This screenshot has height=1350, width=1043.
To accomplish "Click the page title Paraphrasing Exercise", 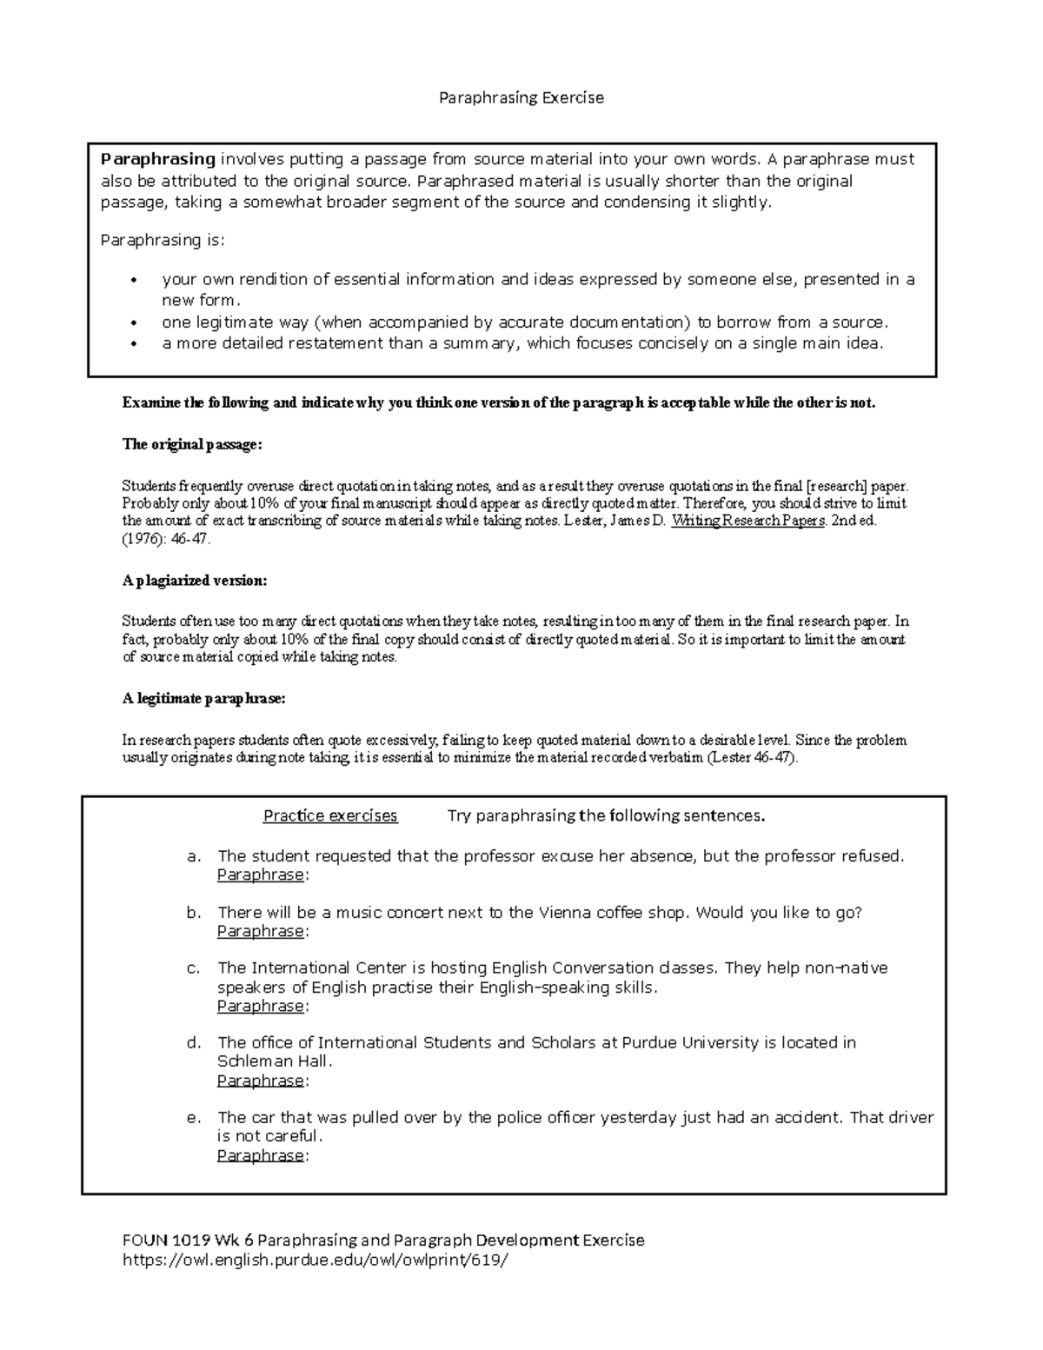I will pyautogui.click(x=521, y=97).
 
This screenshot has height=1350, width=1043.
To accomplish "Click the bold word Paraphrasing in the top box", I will pyautogui.click(x=157, y=159).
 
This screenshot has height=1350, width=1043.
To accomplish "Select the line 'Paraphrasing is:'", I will pyautogui.click(x=163, y=240).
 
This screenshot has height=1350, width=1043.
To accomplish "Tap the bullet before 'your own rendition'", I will pyautogui.click(x=133, y=280).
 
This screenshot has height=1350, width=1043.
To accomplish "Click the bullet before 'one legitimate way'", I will pyautogui.click(x=133, y=323).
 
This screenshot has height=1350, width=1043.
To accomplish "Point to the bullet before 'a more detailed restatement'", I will pyautogui.click(x=133, y=344).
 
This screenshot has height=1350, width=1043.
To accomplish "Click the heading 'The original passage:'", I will pyautogui.click(x=191, y=444).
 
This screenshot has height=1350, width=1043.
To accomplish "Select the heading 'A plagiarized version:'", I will pyautogui.click(x=195, y=580).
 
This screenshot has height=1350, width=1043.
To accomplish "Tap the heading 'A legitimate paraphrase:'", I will pyautogui.click(x=203, y=698).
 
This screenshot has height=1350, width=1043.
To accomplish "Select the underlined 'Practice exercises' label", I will pyautogui.click(x=330, y=815).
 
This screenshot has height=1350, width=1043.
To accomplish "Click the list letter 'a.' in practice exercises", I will pyautogui.click(x=194, y=856).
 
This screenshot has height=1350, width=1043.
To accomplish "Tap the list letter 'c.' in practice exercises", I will pyautogui.click(x=194, y=968).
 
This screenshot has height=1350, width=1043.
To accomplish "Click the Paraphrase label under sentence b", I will pyautogui.click(x=261, y=931).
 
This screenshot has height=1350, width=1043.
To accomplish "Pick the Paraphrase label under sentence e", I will pyautogui.click(x=261, y=1155).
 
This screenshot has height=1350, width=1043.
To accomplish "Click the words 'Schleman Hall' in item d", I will pyautogui.click(x=272, y=1061).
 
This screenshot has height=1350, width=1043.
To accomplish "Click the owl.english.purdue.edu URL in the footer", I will pyautogui.click(x=314, y=1260).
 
